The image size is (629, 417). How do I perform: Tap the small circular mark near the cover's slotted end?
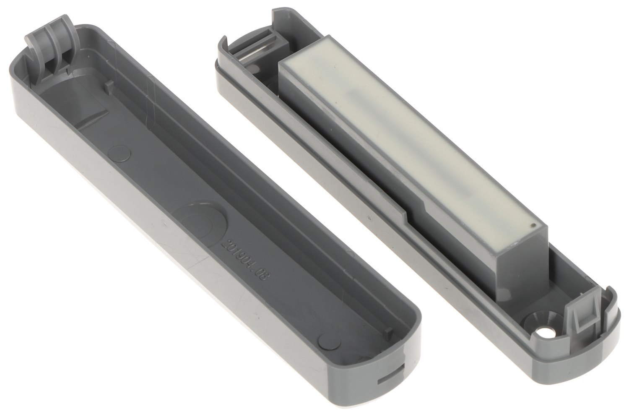click(x=330, y=344)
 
